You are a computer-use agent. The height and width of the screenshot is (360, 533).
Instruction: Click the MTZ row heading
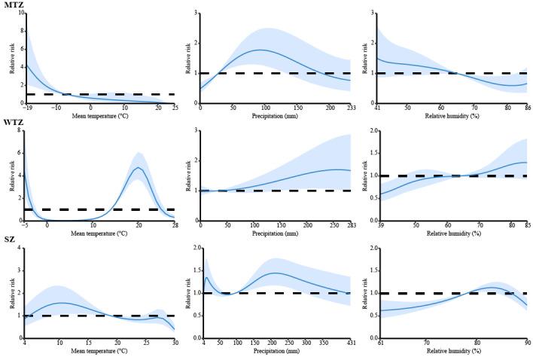click(13, 5)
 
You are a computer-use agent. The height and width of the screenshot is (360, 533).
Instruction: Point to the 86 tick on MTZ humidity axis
click(524, 108)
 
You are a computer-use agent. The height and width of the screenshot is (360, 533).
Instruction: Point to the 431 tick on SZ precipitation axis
click(351, 343)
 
